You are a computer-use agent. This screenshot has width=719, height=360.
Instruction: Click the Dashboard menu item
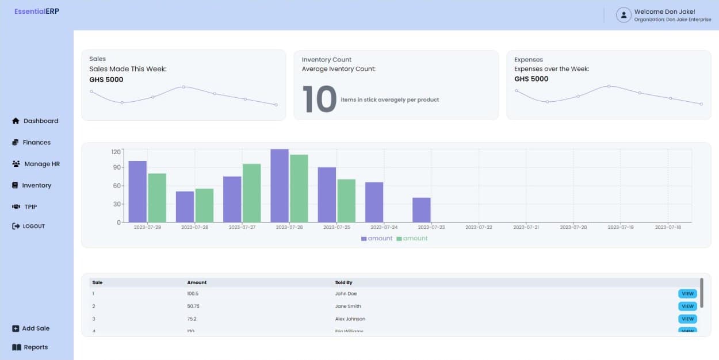point(35,121)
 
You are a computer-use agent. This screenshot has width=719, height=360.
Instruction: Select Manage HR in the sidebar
point(36,164)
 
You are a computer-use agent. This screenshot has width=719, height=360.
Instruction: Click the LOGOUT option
point(29,227)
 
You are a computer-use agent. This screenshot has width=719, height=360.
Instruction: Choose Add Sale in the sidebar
point(31,328)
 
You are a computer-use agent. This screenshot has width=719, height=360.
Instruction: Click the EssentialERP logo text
point(37,12)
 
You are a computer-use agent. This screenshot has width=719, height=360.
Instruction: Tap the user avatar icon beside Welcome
point(624,15)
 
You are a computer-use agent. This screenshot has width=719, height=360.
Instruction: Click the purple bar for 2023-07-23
point(421,210)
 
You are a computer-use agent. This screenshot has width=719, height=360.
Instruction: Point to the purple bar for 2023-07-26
point(280,186)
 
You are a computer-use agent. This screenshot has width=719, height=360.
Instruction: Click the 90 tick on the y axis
point(117,167)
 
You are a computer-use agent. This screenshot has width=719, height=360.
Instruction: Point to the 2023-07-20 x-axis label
point(573,228)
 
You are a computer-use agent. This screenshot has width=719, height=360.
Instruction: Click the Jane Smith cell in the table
point(348,307)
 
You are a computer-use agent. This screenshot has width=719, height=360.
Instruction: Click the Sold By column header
point(343,283)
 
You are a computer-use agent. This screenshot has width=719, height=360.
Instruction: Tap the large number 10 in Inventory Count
point(319,99)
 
